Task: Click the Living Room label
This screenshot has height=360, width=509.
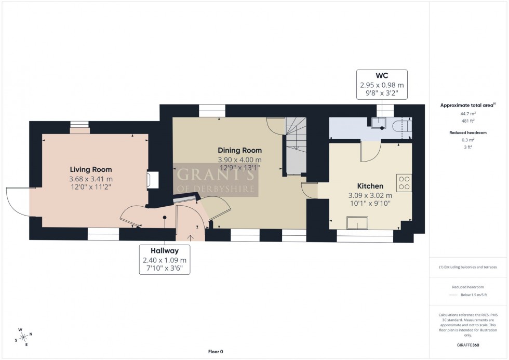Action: coord(91,169)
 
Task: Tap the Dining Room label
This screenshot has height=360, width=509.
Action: coord(239,150)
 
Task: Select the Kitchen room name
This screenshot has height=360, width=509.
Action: coord(370,186)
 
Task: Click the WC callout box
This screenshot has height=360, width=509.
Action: coord(382,84)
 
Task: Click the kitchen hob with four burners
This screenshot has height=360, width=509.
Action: coord(404,182)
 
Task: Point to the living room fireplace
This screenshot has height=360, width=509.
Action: coord(150,179)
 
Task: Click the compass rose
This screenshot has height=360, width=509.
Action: coord(23,337)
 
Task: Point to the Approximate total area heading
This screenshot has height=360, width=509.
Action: coord(467,105)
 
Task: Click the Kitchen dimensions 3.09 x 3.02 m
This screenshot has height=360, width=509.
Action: coord(370,195)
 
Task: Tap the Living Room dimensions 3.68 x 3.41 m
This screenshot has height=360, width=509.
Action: coord(91,179)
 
